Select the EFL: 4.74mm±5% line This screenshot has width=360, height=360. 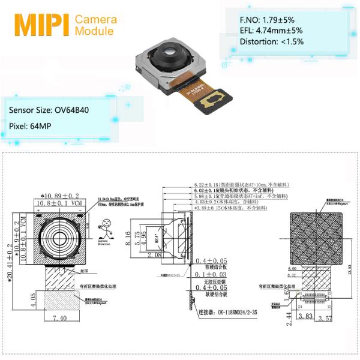pyautogui.click(x=272, y=30)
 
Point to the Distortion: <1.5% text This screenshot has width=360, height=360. pyautogui.click(x=272, y=42)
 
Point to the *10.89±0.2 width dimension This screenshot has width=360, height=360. pyautogui.click(x=60, y=196)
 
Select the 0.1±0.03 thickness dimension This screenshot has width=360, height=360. pyautogui.click(x=209, y=274)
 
